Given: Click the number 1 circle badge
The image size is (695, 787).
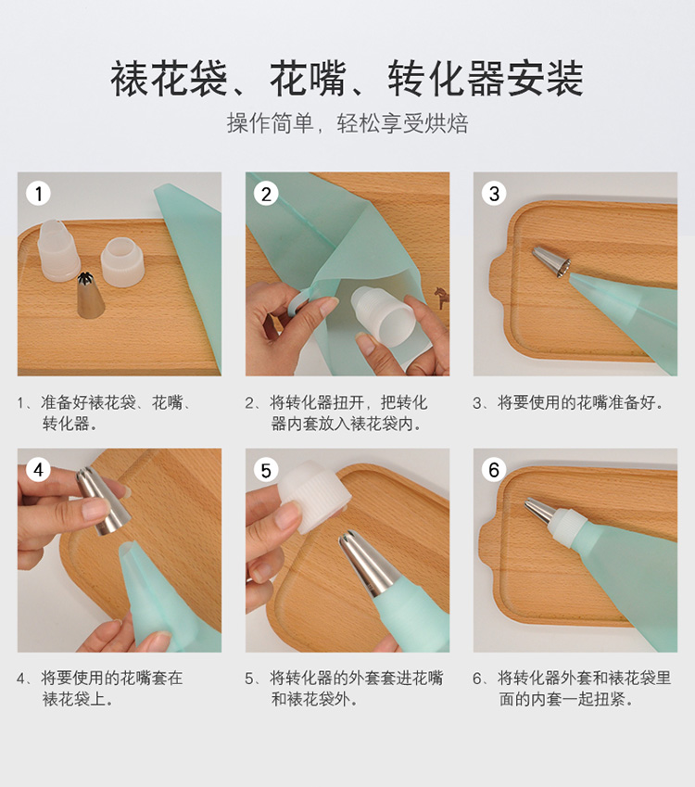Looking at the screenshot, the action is click(x=38, y=193).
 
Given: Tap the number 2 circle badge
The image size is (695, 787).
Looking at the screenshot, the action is click(x=266, y=194).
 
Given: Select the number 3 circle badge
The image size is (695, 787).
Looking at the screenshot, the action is click(x=494, y=193).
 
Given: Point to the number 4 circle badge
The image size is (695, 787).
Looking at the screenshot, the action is click(x=38, y=470).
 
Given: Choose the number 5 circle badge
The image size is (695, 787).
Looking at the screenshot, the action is click(x=266, y=470).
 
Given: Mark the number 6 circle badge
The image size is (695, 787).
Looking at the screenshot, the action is click(x=494, y=470).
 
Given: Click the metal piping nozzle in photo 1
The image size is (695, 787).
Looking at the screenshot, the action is click(x=90, y=296).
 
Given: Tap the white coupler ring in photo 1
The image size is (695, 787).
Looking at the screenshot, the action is click(x=122, y=262).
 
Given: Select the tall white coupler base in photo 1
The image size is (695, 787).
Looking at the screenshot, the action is click(x=58, y=250).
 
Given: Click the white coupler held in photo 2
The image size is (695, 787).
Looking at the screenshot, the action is click(x=384, y=317).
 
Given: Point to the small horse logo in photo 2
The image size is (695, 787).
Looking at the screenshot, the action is click(x=442, y=298).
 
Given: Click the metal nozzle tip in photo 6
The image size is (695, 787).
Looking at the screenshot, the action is click(x=540, y=512).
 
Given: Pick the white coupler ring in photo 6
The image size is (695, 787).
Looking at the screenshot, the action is click(x=569, y=525).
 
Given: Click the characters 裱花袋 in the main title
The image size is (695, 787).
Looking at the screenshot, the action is click(x=169, y=79).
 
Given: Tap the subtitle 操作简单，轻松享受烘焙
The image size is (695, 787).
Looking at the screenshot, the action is click(x=347, y=123).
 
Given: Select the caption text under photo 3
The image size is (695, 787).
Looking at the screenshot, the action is click(x=569, y=402).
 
